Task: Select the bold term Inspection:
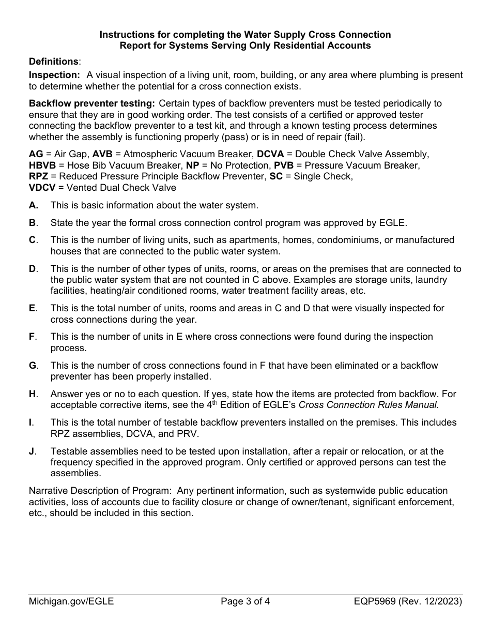(x=54, y=75)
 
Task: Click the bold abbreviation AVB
(x=102, y=154)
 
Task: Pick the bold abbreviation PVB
(x=284, y=165)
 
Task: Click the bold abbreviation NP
(x=192, y=165)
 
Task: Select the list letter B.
(x=33, y=223)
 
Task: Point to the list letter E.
(x=33, y=308)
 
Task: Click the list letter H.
(x=33, y=394)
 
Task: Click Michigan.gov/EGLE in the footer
(x=71, y=601)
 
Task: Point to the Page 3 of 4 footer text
(x=245, y=601)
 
